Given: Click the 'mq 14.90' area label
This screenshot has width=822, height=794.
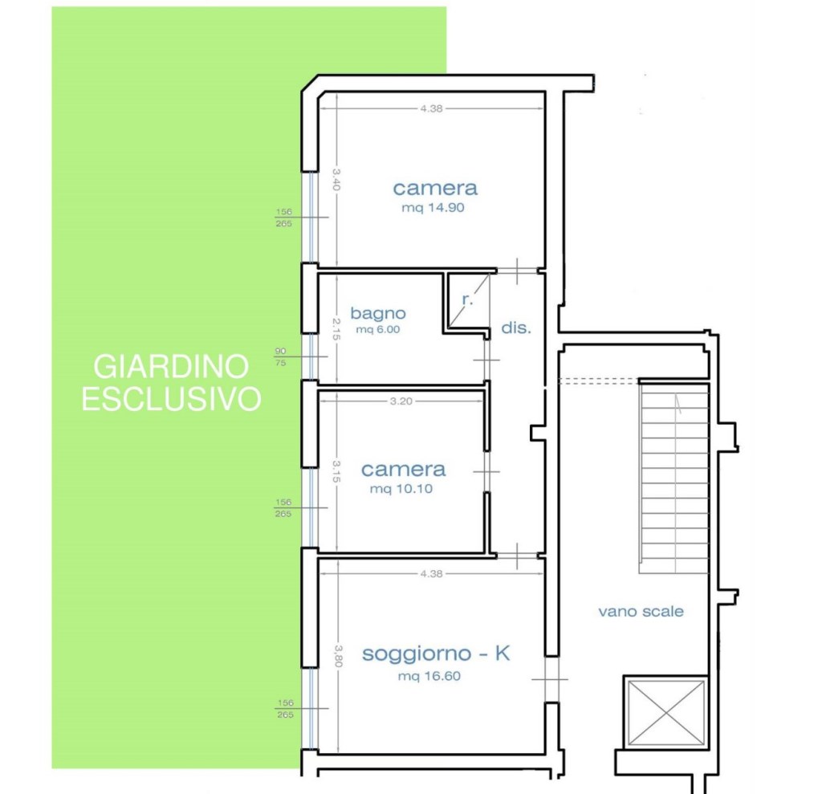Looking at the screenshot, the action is pyautogui.click(x=433, y=208).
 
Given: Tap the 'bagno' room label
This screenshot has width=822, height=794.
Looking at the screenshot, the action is pyautogui.click(x=378, y=313).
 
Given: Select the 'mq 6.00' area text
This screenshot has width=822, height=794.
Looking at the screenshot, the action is pyautogui.click(x=378, y=329).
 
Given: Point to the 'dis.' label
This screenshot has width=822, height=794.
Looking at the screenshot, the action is pyautogui.click(x=516, y=328).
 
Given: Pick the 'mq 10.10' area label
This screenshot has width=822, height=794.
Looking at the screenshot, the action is pyautogui.click(x=401, y=489).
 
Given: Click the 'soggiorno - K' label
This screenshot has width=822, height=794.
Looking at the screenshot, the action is pyautogui.click(x=436, y=654).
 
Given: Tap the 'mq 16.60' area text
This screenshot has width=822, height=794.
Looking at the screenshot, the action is pyautogui.click(x=429, y=676).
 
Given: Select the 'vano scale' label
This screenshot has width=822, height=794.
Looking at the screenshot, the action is pyautogui.click(x=641, y=612).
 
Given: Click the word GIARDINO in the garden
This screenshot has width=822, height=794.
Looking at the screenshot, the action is pyautogui.click(x=171, y=366).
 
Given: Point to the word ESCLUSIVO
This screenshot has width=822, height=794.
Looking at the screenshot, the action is pyautogui.click(x=171, y=398).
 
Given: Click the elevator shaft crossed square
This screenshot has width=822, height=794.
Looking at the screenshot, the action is pyautogui.click(x=665, y=712).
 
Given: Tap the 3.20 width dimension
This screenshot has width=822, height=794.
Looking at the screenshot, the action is pyautogui.click(x=401, y=401).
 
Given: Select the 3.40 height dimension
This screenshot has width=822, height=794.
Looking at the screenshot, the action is pyautogui.click(x=336, y=179).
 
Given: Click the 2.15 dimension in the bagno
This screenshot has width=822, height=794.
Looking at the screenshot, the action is pyautogui.click(x=336, y=329).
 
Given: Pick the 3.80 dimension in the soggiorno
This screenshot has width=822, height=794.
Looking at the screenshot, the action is pyautogui.click(x=338, y=656).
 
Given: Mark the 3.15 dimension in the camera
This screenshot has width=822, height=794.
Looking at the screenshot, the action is pyautogui.click(x=336, y=471).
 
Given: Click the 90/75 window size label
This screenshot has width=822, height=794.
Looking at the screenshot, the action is pyautogui.click(x=280, y=356).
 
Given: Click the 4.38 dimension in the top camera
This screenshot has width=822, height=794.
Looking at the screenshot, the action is pyautogui.click(x=431, y=108).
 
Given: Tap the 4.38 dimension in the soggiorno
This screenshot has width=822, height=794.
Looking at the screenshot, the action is pyautogui.click(x=431, y=574).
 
